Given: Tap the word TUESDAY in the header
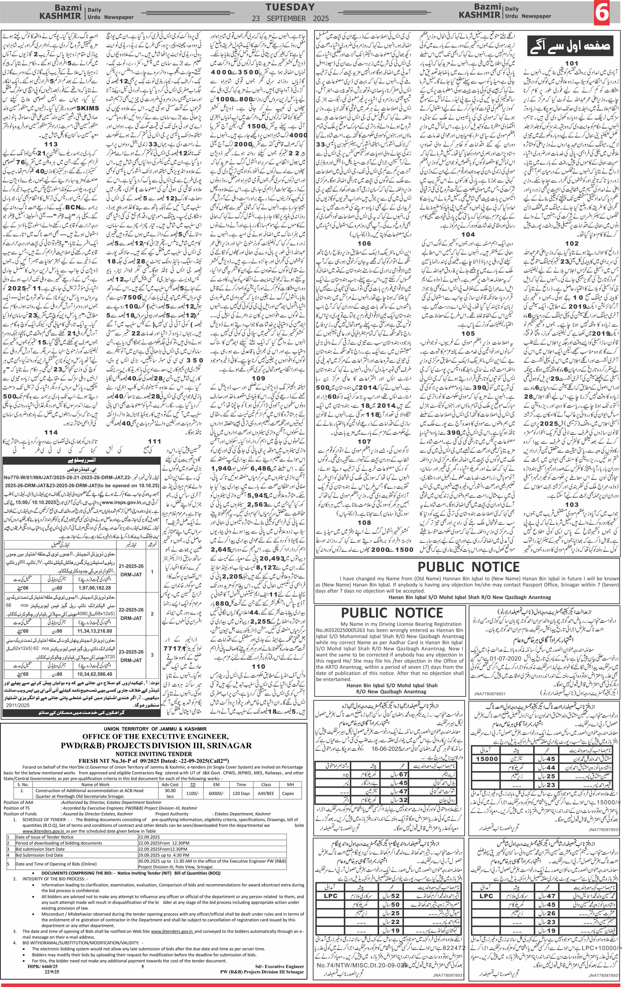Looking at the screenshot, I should coord(290,7).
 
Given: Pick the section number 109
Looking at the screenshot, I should coord(258,378).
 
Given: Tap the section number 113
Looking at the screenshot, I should coord(51,144).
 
